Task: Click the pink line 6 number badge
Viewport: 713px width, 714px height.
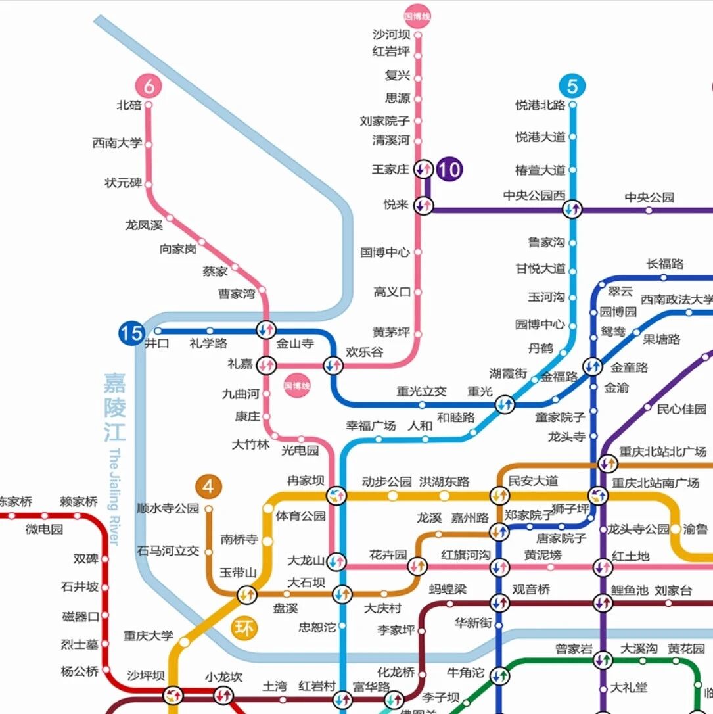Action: [149, 85]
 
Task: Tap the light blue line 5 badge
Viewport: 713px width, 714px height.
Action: [572, 86]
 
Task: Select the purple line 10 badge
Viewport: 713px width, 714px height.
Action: [449, 170]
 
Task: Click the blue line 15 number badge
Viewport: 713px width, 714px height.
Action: [131, 333]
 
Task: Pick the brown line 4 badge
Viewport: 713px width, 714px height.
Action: [208, 487]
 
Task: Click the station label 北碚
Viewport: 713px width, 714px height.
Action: [129, 105]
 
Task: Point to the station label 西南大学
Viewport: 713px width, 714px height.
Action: [117, 143]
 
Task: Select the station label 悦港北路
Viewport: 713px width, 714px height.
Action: [540, 105]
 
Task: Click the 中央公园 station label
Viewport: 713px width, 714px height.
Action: [649, 197]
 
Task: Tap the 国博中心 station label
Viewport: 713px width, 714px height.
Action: [385, 252]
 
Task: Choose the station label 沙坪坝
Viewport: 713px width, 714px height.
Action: [145, 676]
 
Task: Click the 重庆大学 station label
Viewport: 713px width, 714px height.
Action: [149, 636]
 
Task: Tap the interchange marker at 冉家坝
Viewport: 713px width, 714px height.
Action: [336, 495]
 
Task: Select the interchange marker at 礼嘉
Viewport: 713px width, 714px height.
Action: [266, 364]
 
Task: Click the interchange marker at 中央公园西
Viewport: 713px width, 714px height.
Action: [572, 210]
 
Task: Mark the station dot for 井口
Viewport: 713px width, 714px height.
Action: [158, 331]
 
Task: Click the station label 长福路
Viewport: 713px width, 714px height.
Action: [665, 264]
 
